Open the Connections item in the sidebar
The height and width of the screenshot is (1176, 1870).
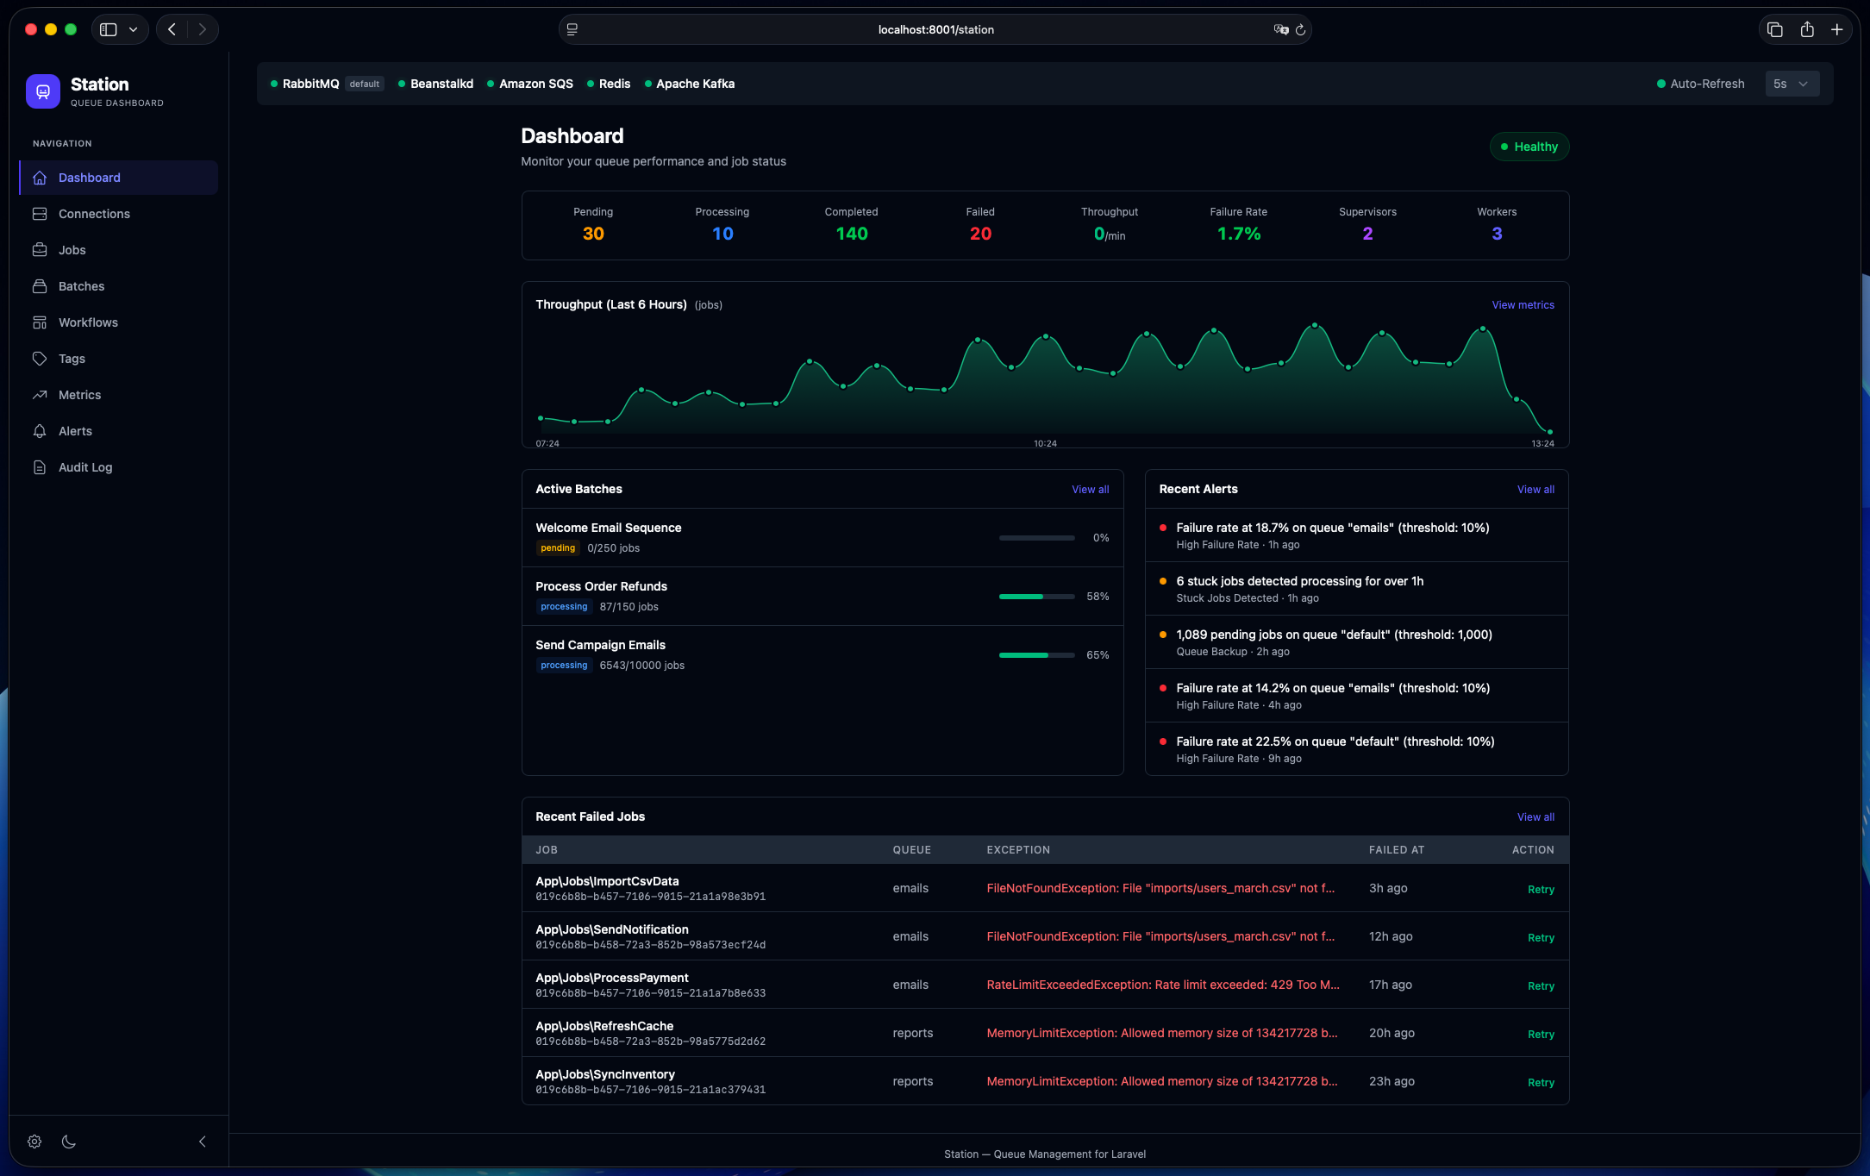click(x=93, y=214)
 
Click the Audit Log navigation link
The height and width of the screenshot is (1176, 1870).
click(x=84, y=467)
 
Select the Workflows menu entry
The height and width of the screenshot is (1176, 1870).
click(x=87, y=322)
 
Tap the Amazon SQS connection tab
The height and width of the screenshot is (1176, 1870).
click(x=535, y=84)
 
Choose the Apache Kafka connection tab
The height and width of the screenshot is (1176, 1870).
click(x=694, y=84)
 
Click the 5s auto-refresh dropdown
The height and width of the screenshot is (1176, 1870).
click(x=1791, y=84)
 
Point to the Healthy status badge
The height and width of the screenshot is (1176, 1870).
click(x=1529, y=147)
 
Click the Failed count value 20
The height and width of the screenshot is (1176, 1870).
click(x=980, y=234)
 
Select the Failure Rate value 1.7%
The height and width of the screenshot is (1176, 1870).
click(x=1238, y=234)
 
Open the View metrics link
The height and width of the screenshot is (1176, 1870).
click(x=1523, y=305)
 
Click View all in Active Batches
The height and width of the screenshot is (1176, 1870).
click(x=1090, y=490)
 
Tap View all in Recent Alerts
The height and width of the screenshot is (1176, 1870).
click(x=1535, y=490)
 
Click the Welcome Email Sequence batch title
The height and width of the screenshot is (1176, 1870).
click(x=608, y=528)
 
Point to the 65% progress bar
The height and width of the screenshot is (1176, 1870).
click(x=1036, y=655)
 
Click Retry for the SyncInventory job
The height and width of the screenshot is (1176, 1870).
click(x=1541, y=1083)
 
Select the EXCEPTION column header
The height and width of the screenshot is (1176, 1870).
click(x=1018, y=850)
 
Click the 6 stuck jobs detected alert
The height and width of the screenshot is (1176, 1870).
click(x=1299, y=581)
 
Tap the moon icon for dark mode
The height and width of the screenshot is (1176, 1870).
click(x=69, y=1142)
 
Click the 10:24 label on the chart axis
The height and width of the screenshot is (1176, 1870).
click(x=1045, y=444)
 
